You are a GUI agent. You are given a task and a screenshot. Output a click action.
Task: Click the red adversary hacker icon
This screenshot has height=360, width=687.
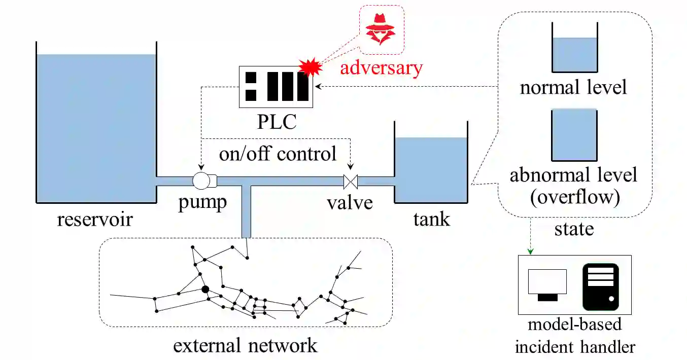381,29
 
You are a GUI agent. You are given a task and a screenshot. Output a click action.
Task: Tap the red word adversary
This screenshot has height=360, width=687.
381,67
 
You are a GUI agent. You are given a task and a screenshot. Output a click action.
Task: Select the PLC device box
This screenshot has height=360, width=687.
276,87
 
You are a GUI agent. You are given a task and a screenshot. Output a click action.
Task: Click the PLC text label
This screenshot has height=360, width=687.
276,122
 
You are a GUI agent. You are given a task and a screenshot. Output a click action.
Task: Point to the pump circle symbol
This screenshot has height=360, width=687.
201,180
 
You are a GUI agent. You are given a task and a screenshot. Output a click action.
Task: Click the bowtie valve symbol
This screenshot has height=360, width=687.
351,181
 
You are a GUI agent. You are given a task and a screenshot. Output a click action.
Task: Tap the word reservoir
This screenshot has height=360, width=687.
95,220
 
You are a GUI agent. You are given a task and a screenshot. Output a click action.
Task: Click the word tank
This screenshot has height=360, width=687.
431,220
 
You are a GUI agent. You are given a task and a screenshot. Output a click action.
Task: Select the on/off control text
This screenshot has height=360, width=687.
278,153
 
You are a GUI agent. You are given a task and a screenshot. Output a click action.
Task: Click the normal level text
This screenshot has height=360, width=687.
573,87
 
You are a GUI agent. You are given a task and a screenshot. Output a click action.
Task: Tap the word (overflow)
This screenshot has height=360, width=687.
574,197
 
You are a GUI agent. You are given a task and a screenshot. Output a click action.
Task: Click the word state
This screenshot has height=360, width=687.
574,229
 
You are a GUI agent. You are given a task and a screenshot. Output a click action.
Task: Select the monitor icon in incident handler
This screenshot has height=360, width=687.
547,284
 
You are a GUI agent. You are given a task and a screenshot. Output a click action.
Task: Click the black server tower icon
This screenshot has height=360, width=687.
601,286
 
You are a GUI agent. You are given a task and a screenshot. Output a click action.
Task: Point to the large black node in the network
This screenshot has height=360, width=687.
205,289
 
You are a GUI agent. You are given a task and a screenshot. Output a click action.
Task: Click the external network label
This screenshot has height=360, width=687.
245,346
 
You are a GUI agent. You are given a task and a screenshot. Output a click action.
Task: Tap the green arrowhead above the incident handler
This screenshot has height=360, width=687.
531,251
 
